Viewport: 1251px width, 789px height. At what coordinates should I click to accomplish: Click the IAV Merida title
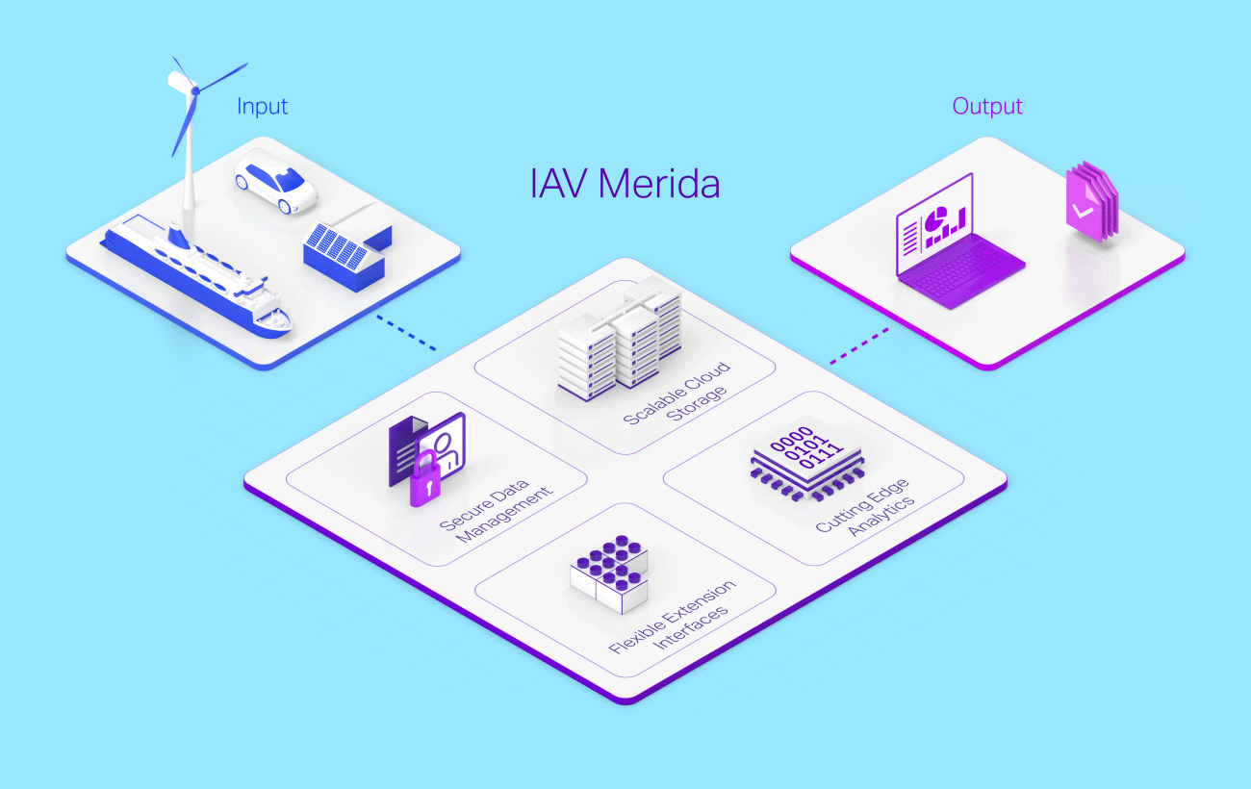tap(625, 183)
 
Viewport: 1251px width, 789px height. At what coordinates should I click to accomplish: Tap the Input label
tap(262, 106)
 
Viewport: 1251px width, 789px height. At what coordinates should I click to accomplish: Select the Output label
tap(987, 106)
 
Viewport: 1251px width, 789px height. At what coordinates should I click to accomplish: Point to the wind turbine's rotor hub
tap(195, 89)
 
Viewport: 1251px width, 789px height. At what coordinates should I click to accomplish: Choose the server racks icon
tap(621, 332)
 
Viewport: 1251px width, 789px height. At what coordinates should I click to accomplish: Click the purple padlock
tap(424, 481)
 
